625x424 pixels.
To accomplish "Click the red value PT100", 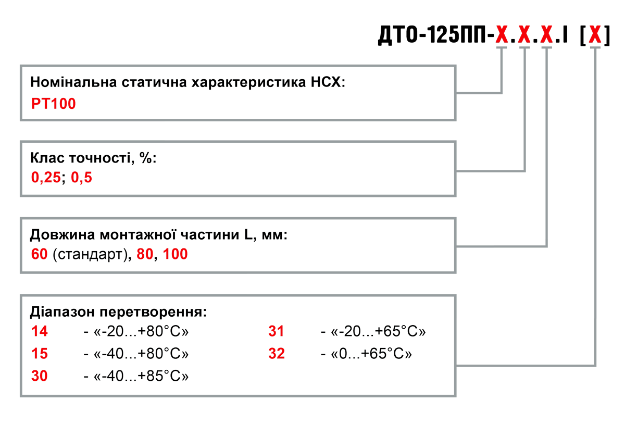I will (x=54, y=104).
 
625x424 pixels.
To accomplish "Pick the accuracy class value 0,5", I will (x=82, y=178).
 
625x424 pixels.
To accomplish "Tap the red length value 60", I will (x=40, y=255).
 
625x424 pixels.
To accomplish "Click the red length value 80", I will (x=145, y=255).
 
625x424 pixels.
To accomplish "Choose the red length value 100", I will (x=176, y=255).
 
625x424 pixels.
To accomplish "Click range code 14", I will (x=40, y=331).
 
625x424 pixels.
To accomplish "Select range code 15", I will (x=40, y=354).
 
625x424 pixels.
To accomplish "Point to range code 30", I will (x=40, y=376).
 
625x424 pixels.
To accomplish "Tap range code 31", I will (x=277, y=331).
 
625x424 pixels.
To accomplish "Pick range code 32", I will (x=277, y=354).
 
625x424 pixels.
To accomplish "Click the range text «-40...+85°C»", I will (x=141, y=376).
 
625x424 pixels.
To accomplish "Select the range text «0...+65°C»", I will (x=372, y=354).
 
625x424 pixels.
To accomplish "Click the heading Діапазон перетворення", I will (x=119, y=313).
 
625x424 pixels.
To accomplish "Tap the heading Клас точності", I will (x=93, y=158).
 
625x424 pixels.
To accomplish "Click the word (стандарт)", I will (x=92, y=255).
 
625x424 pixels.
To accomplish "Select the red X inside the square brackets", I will (x=595, y=35).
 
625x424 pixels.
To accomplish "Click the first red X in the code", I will (x=502, y=35).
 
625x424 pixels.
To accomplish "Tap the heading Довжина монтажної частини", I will (x=159, y=235).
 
